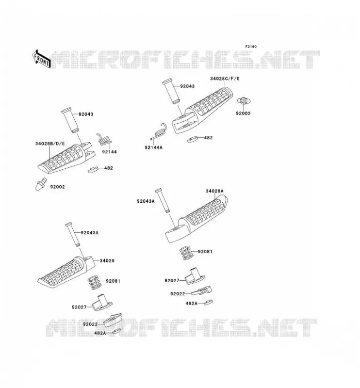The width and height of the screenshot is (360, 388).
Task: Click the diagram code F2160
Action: tap(251, 47)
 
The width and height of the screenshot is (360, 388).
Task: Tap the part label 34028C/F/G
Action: tap(225, 79)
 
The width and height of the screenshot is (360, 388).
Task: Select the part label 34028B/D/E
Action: tap(50, 144)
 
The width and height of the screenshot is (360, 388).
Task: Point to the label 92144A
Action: tap(153, 147)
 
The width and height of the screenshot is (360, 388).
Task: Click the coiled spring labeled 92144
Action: tap(104, 140)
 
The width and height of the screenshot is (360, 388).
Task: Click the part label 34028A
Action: tap(214, 191)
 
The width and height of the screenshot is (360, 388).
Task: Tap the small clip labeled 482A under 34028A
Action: tap(208, 302)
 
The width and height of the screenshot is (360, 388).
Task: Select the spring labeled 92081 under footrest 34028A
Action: tap(187, 253)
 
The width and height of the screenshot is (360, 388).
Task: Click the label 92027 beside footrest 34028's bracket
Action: tap(79, 307)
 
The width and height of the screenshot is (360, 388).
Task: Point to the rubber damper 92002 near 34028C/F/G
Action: tap(244, 101)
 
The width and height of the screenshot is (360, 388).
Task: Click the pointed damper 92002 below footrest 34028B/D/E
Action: tap(41, 184)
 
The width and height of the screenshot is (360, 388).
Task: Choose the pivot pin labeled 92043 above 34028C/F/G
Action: tap(171, 92)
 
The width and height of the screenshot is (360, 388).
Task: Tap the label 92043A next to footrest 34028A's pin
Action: tap(146, 201)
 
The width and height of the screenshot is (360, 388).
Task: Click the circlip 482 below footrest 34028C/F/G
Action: tap(193, 139)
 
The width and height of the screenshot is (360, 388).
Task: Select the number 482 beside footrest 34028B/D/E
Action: tap(109, 168)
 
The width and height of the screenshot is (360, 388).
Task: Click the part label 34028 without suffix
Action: tap(107, 260)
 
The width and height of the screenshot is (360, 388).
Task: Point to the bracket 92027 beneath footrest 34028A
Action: tap(195, 276)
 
